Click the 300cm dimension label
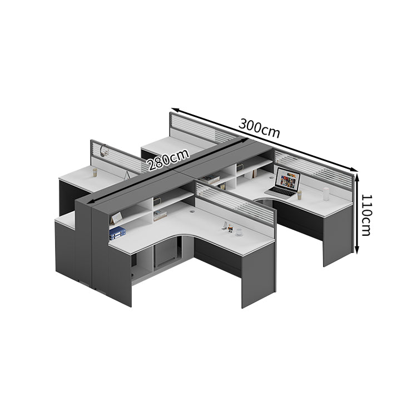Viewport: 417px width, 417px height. [259, 128]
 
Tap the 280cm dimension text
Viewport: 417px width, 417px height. [168, 160]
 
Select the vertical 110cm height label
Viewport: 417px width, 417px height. [366, 215]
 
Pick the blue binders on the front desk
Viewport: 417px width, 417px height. [117, 233]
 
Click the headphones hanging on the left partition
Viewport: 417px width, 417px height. [104, 150]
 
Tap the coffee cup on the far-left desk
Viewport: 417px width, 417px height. [95, 172]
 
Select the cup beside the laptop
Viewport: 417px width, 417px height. [300, 195]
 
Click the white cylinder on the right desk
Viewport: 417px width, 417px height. [326, 194]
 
